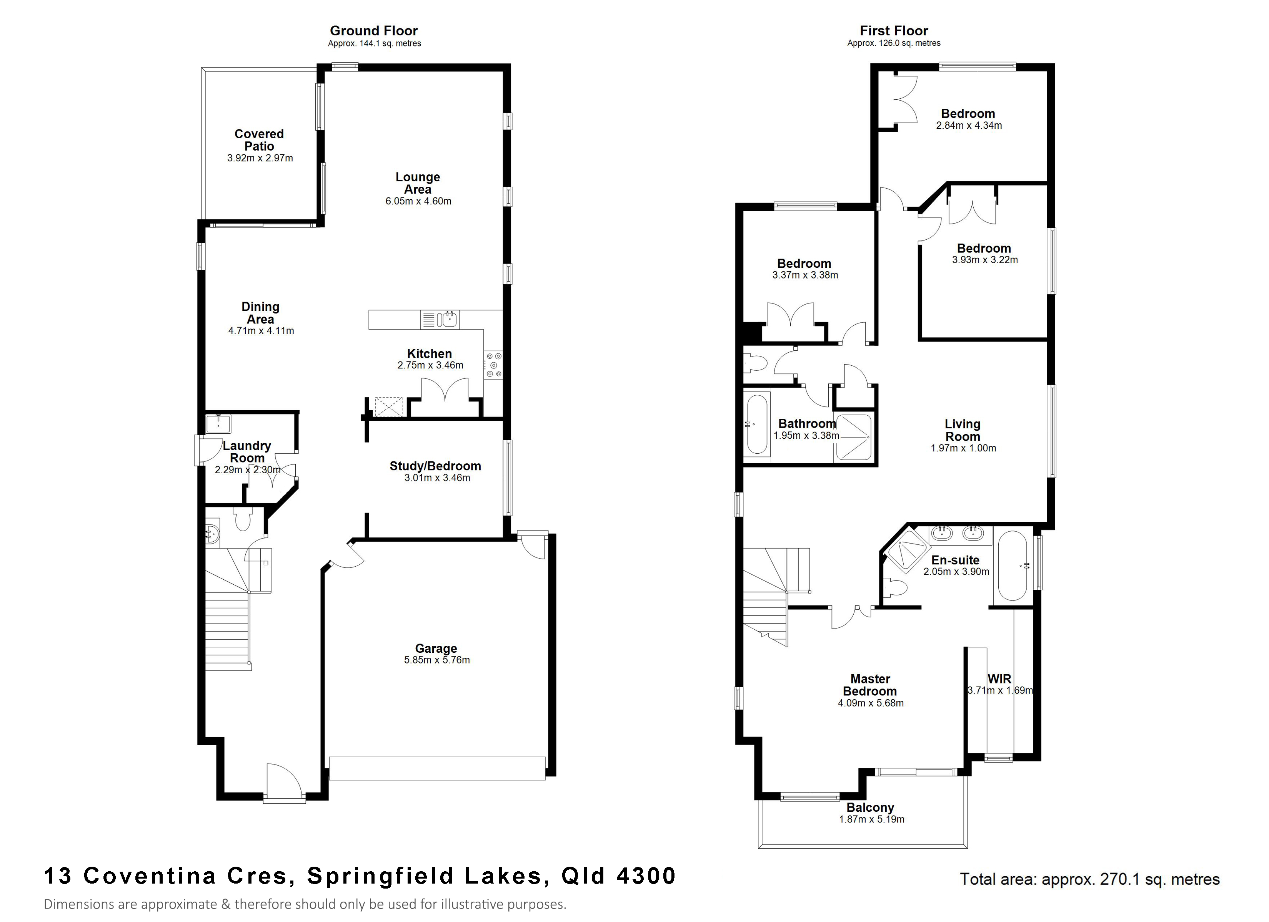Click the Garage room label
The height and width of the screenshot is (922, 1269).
[436, 648]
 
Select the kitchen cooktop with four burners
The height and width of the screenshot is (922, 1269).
[493, 365]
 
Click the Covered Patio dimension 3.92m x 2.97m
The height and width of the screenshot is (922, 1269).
[260, 158]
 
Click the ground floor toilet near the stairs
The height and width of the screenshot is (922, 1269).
[243, 519]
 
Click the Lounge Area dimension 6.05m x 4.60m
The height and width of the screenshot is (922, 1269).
[418, 201]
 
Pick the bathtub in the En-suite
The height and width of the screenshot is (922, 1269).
[1013, 566]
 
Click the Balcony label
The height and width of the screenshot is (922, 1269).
[870, 808]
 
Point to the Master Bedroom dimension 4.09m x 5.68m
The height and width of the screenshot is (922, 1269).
[871, 703]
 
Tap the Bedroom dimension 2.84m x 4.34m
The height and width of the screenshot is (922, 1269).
[969, 126]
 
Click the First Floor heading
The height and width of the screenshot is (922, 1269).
[894, 31]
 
